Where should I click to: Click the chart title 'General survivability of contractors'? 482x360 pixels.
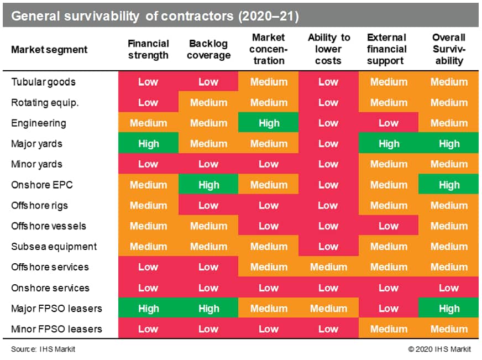pos(155,16)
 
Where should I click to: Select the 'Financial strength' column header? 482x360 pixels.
pos(148,49)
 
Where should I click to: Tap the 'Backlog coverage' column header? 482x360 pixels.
pos(208,49)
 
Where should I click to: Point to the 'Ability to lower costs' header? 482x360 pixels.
pos(328,49)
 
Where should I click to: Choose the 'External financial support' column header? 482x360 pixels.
pos(389,49)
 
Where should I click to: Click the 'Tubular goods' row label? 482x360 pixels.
pos(43,82)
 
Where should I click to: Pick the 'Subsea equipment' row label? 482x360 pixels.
pos(54,247)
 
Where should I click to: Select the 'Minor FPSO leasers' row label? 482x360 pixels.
pos(56,329)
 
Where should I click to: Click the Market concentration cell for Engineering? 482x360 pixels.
pos(269,123)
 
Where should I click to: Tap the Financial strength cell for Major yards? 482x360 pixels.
pos(148,144)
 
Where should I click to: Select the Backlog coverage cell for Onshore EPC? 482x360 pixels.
pos(208,185)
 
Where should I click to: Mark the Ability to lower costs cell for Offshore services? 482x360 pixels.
pos(328,267)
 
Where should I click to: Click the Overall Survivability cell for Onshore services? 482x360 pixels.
pos(449,288)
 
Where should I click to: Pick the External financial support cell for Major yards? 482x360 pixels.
pos(389,144)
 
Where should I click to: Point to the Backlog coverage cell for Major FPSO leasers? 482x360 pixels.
pos(208,309)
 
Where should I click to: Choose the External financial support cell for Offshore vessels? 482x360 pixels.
pos(389,226)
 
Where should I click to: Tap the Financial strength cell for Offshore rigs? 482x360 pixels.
pos(148,206)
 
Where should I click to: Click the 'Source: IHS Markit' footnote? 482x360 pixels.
pos(43,349)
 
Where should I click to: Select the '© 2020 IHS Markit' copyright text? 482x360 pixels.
pos(439,349)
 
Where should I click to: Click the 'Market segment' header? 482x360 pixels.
pos(49,50)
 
